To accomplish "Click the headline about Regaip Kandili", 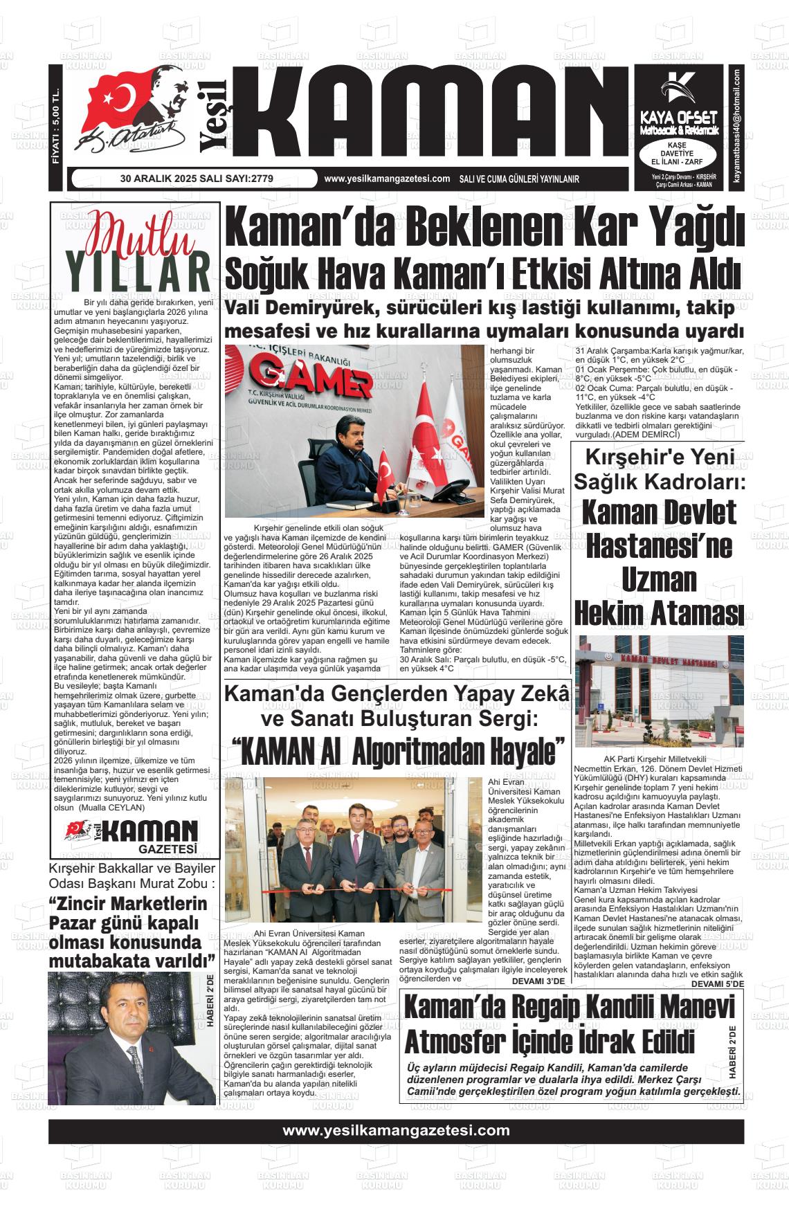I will point(561,1024).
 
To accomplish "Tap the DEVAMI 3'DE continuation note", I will point(538,981).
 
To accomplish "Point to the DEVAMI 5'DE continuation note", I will point(718,983).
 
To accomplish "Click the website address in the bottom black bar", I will point(395,1130).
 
